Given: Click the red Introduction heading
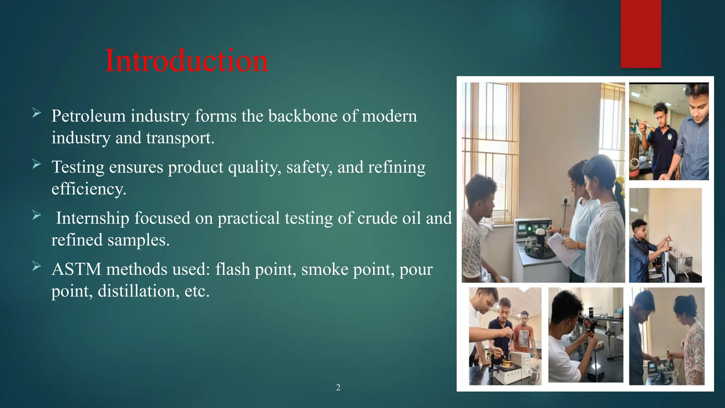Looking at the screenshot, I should (187, 61).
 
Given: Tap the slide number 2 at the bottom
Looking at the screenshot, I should (338, 387).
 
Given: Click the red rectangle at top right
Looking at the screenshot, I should (641, 34).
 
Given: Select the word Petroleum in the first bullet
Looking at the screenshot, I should (89, 116).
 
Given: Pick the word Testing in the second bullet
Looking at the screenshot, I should (78, 167).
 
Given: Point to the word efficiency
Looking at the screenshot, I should (89, 189).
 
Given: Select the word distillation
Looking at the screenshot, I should (138, 291).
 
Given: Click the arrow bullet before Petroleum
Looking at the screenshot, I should (36, 113).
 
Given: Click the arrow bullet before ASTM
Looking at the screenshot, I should (36, 266).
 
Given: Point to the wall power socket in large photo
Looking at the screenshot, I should (566, 200).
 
